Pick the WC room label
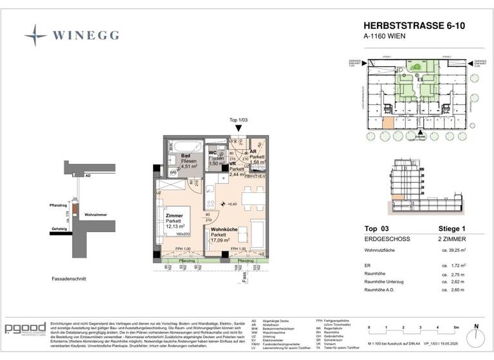tap(213, 152)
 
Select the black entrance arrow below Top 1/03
tap(238, 129)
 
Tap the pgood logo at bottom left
tap(24, 329)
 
